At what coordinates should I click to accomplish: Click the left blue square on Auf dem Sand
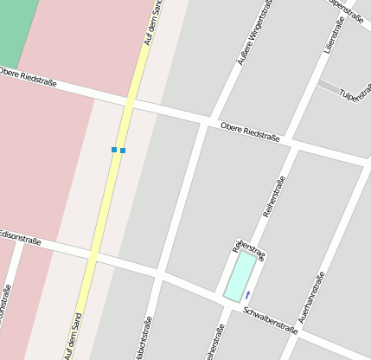point(114,150)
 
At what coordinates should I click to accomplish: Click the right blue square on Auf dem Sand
point(123,151)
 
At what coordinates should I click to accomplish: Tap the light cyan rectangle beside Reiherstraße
point(240,276)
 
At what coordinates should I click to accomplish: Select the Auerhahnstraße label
point(311,298)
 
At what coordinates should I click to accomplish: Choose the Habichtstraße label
point(138,337)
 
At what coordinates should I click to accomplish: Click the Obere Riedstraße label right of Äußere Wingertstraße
point(250,132)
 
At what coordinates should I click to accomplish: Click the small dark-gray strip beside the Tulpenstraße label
point(329,87)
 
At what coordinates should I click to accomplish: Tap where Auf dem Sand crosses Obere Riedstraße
point(132,101)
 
